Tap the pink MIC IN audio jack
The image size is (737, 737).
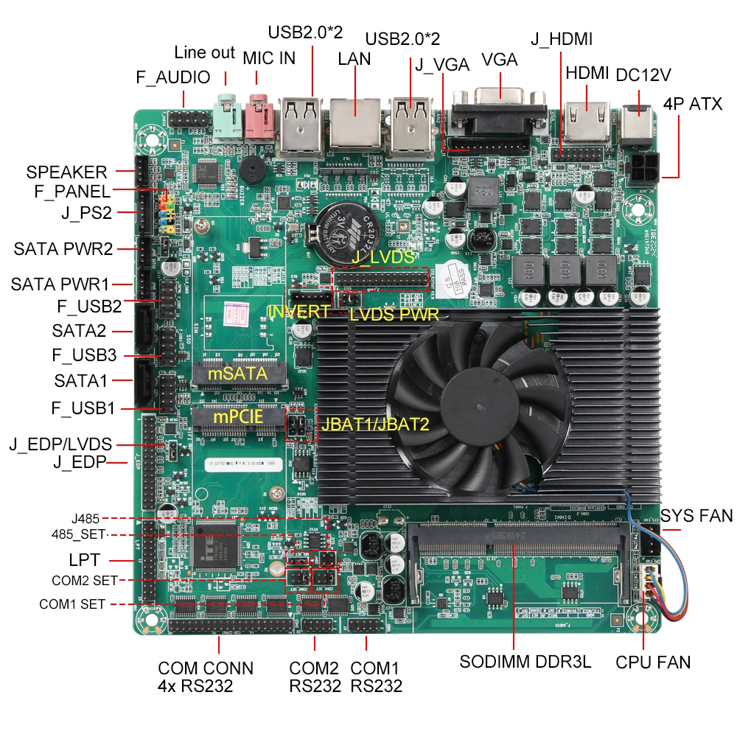click(x=259, y=118)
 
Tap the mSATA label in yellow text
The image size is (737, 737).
click(x=237, y=374)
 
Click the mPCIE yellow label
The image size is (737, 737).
click(x=237, y=417)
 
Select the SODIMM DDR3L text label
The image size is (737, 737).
click(x=525, y=661)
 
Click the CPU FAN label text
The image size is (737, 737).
click(x=653, y=662)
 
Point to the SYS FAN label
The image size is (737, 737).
click(x=696, y=515)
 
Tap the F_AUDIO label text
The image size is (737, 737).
click(x=173, y=77)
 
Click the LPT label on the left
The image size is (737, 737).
click(x=84, y=560)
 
